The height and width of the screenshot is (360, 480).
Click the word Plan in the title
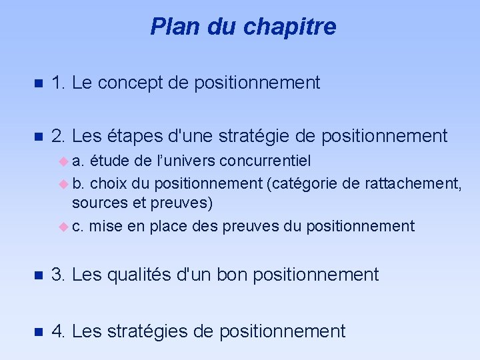(x=170, y=27)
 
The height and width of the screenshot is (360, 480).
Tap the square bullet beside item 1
(x=38, y=83)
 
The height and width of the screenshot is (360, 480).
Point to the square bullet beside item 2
(x=38, y=137)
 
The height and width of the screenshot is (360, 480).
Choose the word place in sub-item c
(x=169, y=227)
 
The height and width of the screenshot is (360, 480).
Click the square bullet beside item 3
(x=38, y=275)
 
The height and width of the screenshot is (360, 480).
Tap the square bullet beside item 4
(x=38, y=331)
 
